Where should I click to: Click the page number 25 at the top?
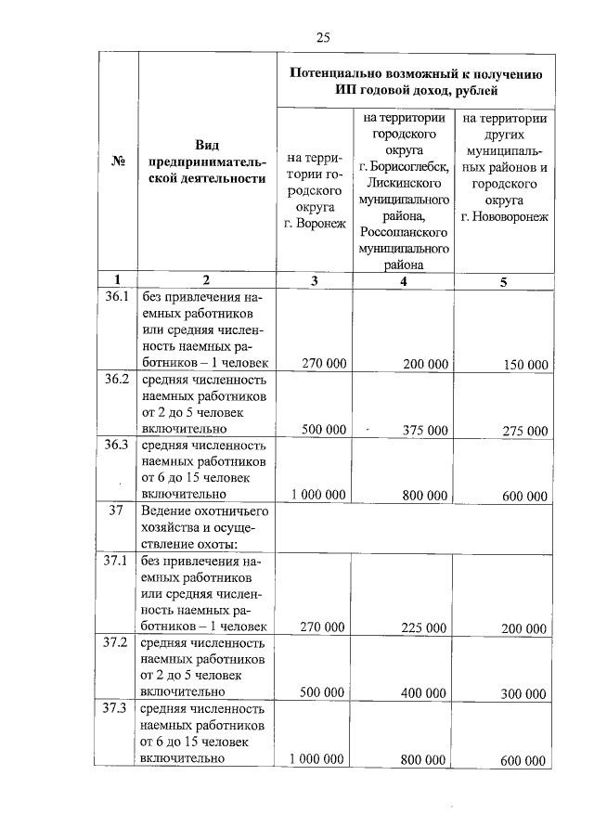[322, 37]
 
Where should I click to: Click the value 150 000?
[525, 365]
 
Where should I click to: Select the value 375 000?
[425, 431]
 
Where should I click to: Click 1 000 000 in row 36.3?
[318, 496]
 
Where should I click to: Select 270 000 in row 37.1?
[323, 628]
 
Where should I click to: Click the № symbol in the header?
[118, 161]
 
